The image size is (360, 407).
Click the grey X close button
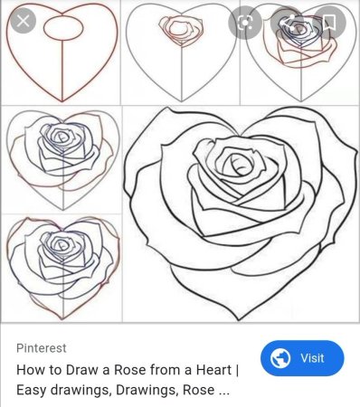pyautogui.click(x=24, y=21)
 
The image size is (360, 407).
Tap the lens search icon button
pyautogui.click(x=244, y=22)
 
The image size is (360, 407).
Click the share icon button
pyautogui.click(x=287, y=22)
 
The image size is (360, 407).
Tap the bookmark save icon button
pyautogui.click(x=329, y=22)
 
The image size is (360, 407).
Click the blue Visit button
pyautogui.click(x=302, y=358)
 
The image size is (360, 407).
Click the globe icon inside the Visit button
pyautogui.click(x=280, y=358)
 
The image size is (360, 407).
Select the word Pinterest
pyautogui.click(x=42, y=348)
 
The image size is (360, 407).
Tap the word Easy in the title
pyautogui.click(x=32, y=390)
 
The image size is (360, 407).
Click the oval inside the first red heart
pyautogui.click(x=63, y=28)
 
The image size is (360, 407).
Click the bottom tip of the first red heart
pyautogui.click(x=62, y=101)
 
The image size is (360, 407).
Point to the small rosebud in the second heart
pyautogui.click(x=181, y=30)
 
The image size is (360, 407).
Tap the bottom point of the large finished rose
pyautogui.click(x=239, y=319)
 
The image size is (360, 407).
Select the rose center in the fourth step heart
pyautogui.click(x=62, y=137)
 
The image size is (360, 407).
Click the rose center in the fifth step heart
pyautogui.click(x=62, y=245)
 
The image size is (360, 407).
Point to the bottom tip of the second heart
pyautogui.click(x=182, y=101)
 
